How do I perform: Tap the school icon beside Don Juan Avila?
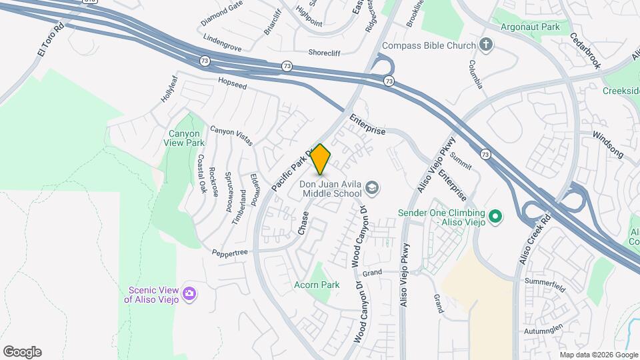click(372, 189)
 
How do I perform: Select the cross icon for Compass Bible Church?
click(487, 45)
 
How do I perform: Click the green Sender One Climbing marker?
click(495, 217)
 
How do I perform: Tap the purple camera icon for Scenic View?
click(189, 293)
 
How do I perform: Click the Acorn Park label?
click(317, 285)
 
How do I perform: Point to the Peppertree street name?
click(230, 253)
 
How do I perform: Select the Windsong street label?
click(608, 145)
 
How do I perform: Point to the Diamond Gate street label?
click(222, 13)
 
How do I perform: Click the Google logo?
click(22, 352)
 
